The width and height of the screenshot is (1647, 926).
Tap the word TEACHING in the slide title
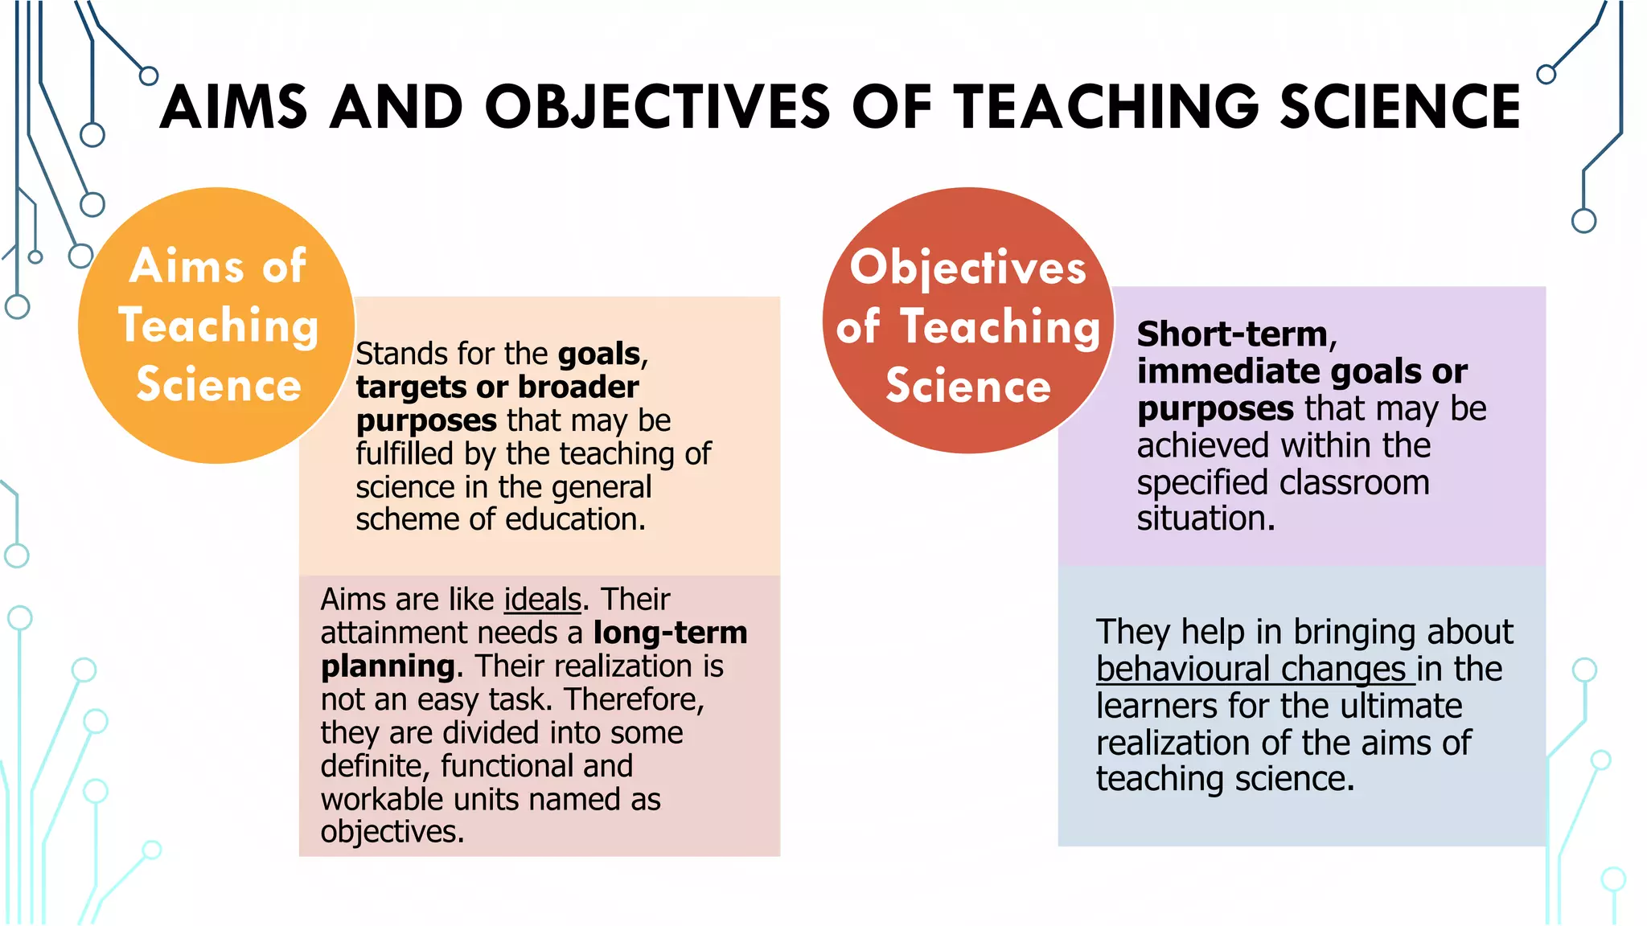tap(1107, 107)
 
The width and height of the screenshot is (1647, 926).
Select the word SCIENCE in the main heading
tap(1400, 107)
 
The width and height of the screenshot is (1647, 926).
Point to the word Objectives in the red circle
tap(968, 268)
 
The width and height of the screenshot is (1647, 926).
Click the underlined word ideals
tap(542, 600)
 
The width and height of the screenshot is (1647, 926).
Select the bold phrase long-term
tap(670, 633)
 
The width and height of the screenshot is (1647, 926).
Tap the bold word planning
tap(388, 666)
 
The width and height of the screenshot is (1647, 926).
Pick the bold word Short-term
tap(1233, 334)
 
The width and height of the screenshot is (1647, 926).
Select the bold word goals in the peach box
tap(599, 354)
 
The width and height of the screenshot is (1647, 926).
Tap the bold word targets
tap(409, 387)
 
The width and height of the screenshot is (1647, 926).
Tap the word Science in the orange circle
tap(219, 384)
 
